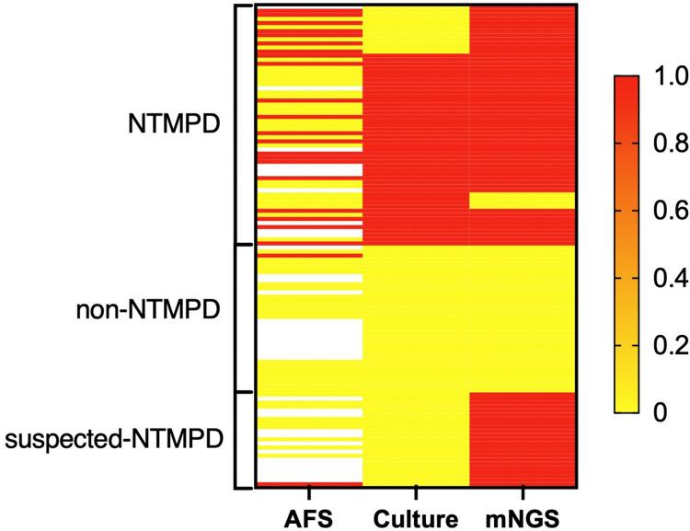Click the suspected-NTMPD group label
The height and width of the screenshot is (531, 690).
tap(115, 439)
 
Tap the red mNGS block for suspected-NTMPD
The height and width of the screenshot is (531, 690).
tap(522, 437)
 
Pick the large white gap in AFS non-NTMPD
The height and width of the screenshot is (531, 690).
tap(308, 339)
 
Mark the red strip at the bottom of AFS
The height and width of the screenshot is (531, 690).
tap(308, 483)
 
